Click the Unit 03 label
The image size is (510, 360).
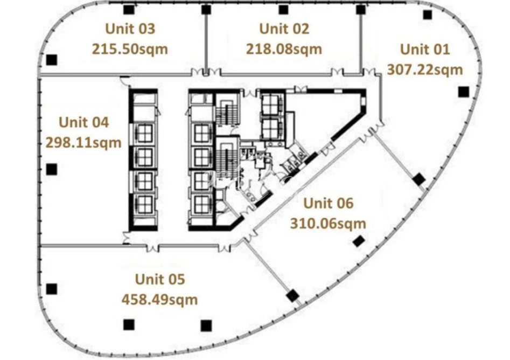point(130,29)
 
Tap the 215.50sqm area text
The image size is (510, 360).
point(130,49)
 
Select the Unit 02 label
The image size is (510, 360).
point(284,29)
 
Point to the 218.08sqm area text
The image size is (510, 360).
point(284,49)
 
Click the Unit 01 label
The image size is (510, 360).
point(425,49)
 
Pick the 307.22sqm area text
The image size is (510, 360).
point(425,70)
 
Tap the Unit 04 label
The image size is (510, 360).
point(83,122)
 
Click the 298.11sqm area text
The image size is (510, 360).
point(83,143)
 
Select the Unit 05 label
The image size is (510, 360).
point(160,279)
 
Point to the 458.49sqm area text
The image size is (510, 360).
point(160,300)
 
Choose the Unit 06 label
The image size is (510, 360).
point(328,203)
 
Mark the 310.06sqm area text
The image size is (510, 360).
point(328,224)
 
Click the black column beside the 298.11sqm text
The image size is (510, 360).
point(52,169)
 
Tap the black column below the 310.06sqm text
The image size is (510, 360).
point(359,241)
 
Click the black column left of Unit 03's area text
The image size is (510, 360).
point(52,60)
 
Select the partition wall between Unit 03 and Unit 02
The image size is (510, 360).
point(206,40)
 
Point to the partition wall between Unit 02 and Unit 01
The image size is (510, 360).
point(360,40)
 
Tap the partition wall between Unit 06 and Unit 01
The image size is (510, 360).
point(398,158)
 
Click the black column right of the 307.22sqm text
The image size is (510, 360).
point(464,92)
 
